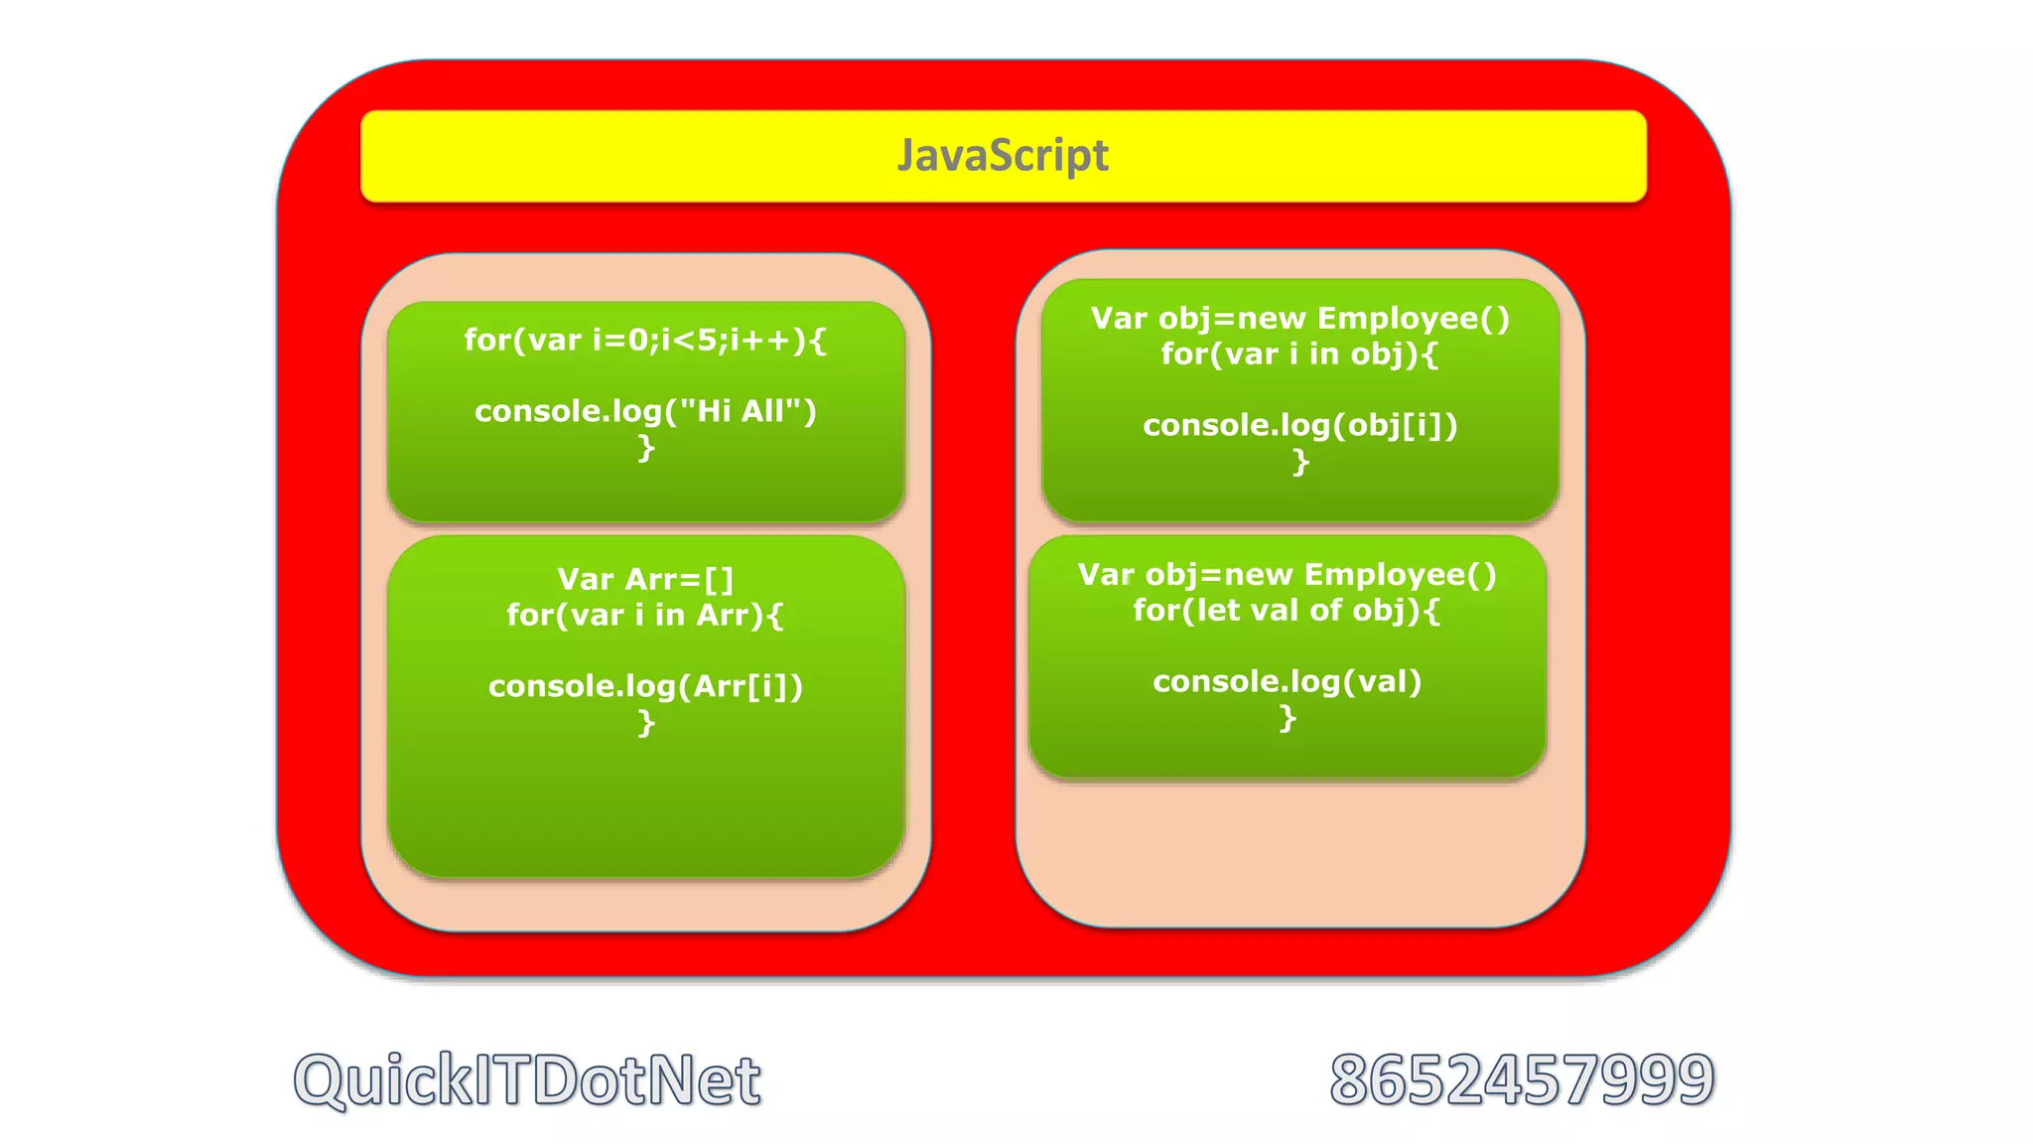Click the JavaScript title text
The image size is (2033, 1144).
pyautogui.click(x=1003, y=156)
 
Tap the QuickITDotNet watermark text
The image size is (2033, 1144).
pyautogui.click(x=527, y=1079)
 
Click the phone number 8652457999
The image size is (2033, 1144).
pyautogui.click(x=1521, y=1079)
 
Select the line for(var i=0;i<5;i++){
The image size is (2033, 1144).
pyautogui.click(x=645, y=341)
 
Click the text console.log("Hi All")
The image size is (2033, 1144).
pyautogui.click(x=645, y=411)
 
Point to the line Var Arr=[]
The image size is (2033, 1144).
pyautogui.click(x=645, y=579)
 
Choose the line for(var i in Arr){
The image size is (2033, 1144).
pyautogui.click(x=645, y=616)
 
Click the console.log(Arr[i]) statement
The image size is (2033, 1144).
pyautogui.click(x=645, y=686)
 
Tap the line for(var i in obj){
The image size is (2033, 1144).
pyautogui.click(x=1299, y=355)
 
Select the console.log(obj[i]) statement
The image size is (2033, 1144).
pyautogui.click(x=1299, y=426)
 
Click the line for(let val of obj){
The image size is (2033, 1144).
pyautogui.click(x=1287, y=611)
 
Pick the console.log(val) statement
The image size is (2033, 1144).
pyautogui.click(x=1287, y=682)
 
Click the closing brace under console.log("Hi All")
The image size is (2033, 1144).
pyautogui.click(x=646, y=448)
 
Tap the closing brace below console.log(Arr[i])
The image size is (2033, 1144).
pyautogui.click(x=646, y=723)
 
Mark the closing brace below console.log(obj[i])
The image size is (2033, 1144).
pyautogui.click(x=1300, y=463)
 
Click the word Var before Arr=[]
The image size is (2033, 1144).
pyautogui.click(x=585, y=579)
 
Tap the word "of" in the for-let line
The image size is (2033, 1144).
pyautogui.click(x=1325, y=611)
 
